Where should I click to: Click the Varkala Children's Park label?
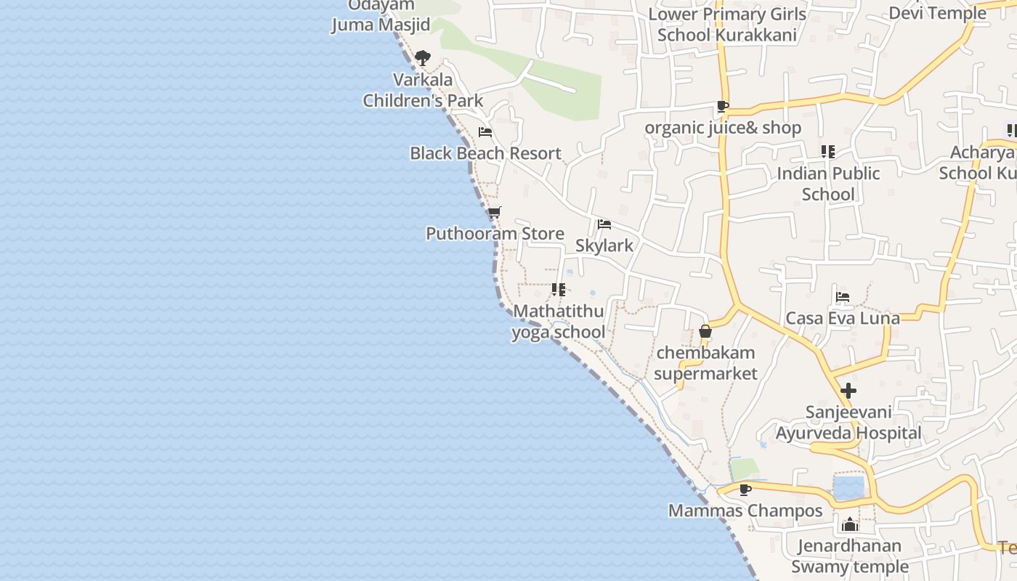(x=423, y=90)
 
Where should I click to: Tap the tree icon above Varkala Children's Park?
(x=423, y=58)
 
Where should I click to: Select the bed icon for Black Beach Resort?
(x=485, y=132)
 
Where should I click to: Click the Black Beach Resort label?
(x=485, y=153)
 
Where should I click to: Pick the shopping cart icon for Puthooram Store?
(x=494, y=213)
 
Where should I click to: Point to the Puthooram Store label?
(x=495, y=233)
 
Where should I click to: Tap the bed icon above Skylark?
(x=604, y=224)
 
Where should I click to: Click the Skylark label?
(x=604, y=245)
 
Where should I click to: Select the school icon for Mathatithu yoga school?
(x=558, y=290)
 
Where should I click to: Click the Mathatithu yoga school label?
(x=558, y=322)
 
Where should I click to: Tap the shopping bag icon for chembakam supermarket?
(x=705, y=332)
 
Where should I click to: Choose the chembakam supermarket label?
(x=705, y=363)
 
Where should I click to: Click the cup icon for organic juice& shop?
(x=722, y=107)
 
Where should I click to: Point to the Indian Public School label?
(x=828, y=184)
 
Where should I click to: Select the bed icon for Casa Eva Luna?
(x=843, y=297)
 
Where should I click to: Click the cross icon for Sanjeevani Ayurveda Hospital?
(x=848, y=391)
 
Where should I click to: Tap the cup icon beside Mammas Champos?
(x=745, y=489)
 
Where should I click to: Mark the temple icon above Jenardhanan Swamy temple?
(x=850, y=524)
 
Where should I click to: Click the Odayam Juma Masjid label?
(x=381, y=15)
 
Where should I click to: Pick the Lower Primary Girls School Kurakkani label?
(x=726, y=25)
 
